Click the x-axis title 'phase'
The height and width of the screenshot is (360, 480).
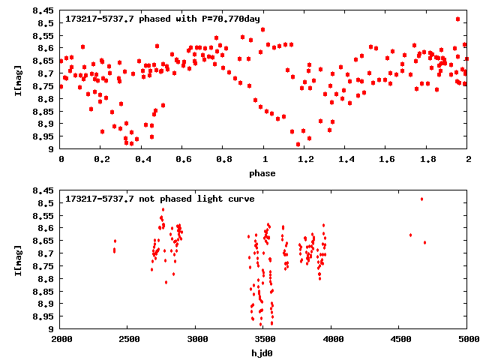click(x=264, y=173)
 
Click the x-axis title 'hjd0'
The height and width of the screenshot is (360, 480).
click(x=264, y=352)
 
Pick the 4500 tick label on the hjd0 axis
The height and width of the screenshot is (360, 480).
click(x=400, y=339)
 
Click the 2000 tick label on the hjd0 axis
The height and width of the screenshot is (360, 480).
click(x=61, y=339)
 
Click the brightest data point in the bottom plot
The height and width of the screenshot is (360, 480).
click(x=422, y=199)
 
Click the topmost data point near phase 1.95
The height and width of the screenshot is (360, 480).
click(x=457, y=19)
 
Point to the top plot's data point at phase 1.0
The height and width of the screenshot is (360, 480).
click(x=263, y=29)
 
